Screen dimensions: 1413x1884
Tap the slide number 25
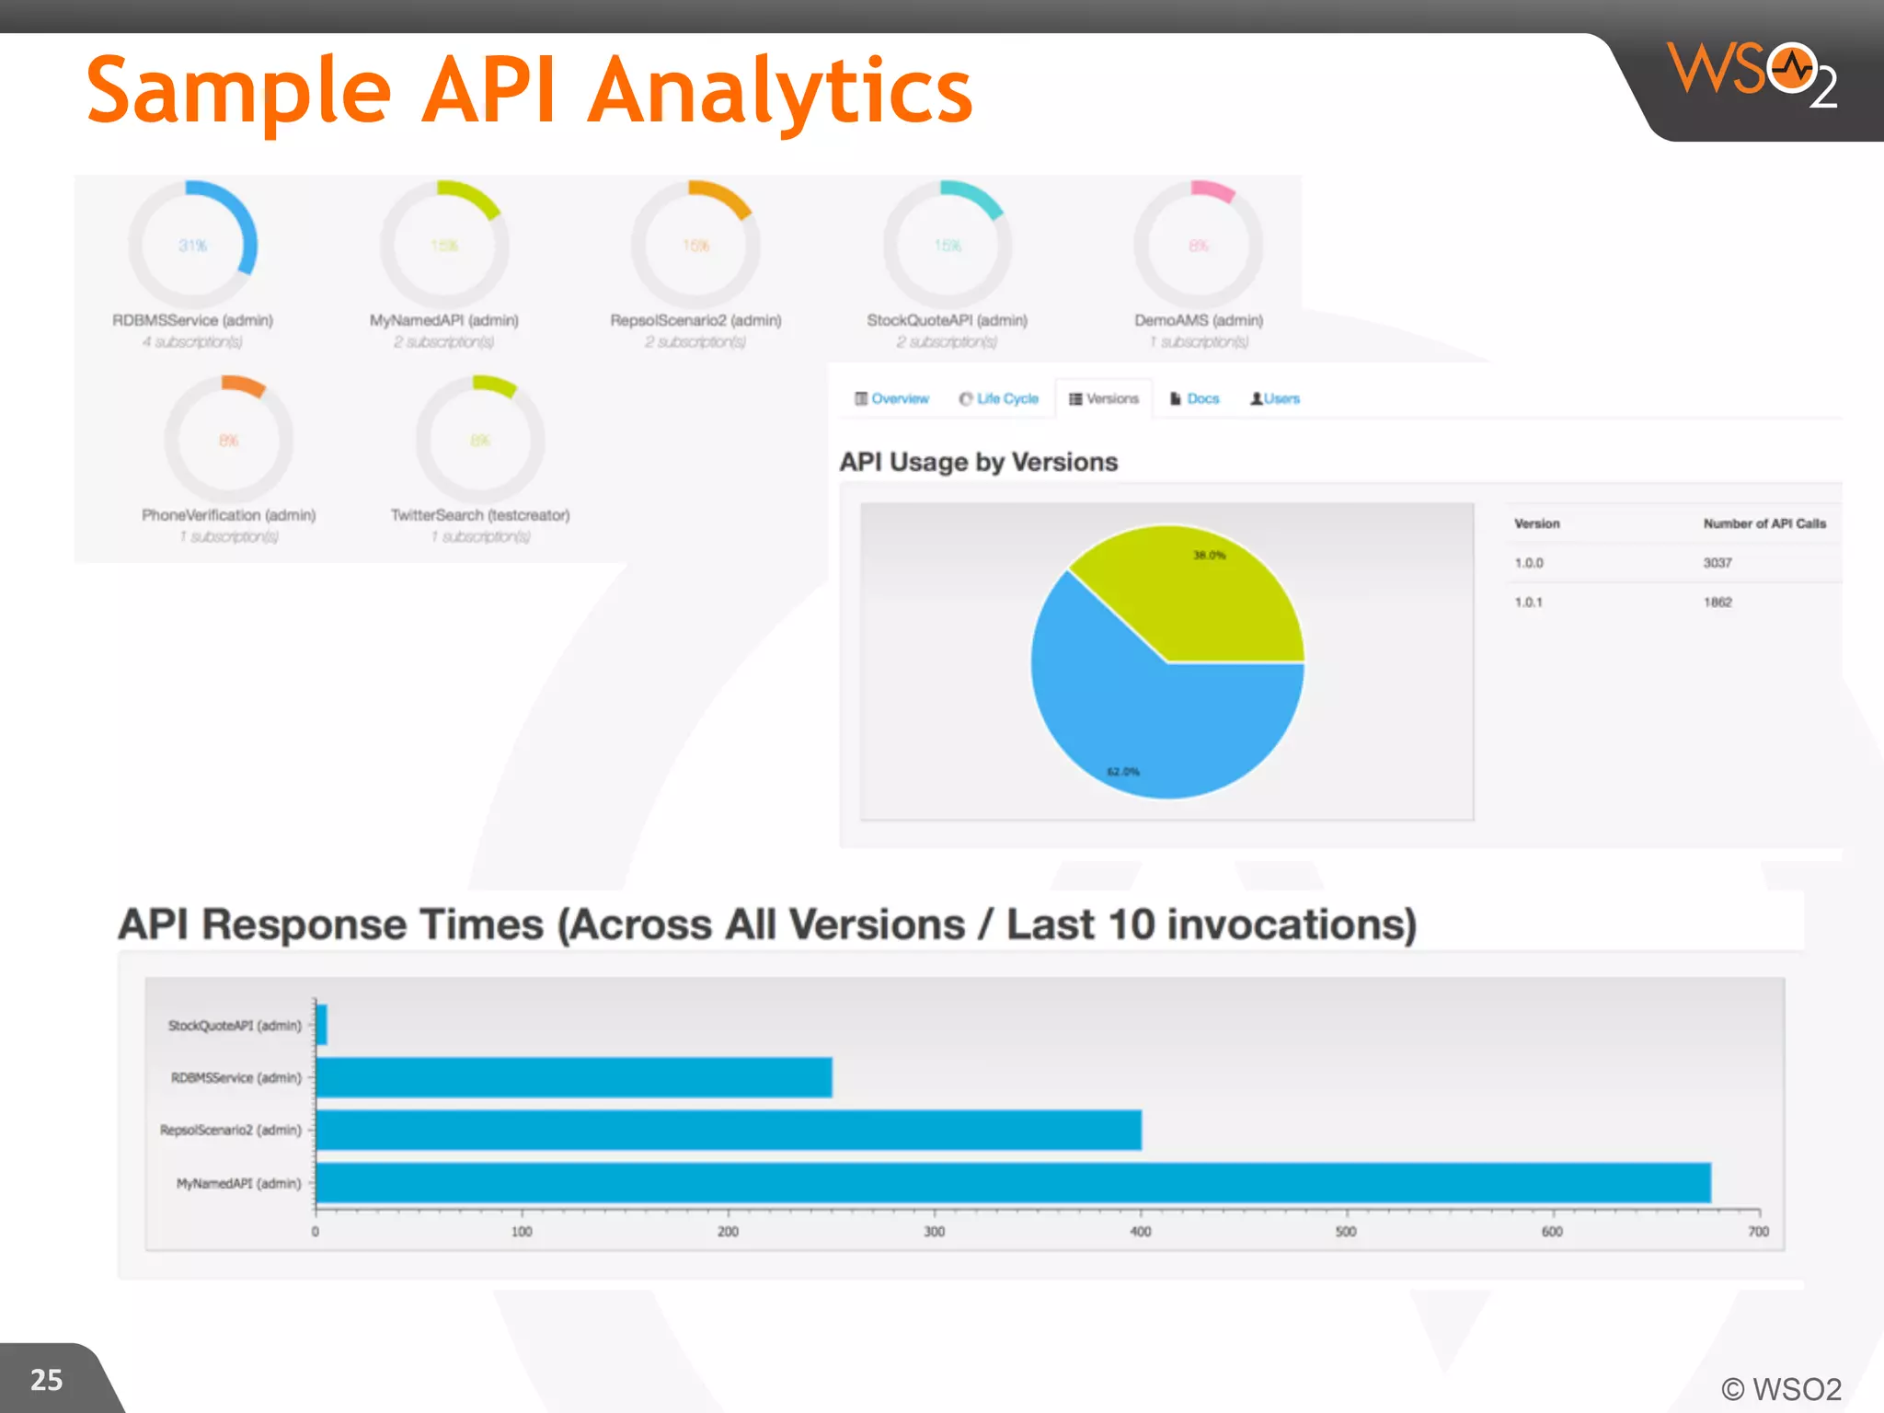click(47, 1379)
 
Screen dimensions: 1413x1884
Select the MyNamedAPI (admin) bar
click(1012, 1182)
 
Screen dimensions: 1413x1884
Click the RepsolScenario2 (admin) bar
click(727, 1130)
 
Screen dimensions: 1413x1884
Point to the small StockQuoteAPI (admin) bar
click(321, 1025)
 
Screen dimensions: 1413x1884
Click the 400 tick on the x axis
click(1141, 1231)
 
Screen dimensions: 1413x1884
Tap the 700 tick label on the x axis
click(1758, 1231)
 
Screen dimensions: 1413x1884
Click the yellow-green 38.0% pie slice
click(1205, 598)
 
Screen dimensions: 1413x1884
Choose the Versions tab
click(1104, 398)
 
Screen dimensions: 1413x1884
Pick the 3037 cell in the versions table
click(1717, 562)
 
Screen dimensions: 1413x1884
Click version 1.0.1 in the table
click(1528, 602)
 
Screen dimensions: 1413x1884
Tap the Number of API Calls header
click(1763, 523)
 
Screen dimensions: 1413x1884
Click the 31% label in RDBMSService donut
click(193, 246)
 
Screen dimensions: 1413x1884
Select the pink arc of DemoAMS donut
click(1212, 190)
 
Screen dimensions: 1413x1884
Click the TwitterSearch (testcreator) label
click(480, 515)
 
